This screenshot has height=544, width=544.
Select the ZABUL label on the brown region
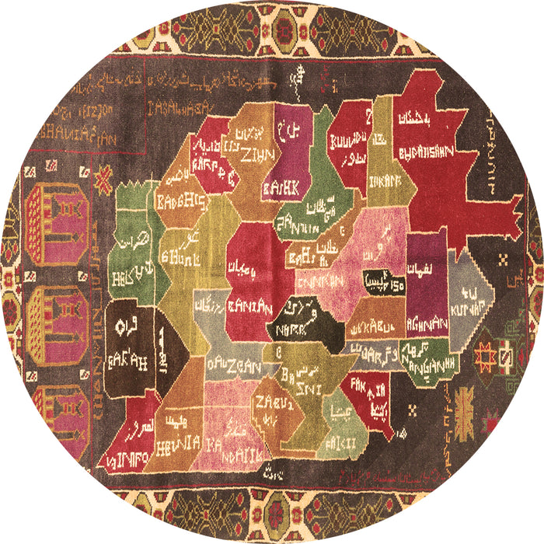point(277,402)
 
